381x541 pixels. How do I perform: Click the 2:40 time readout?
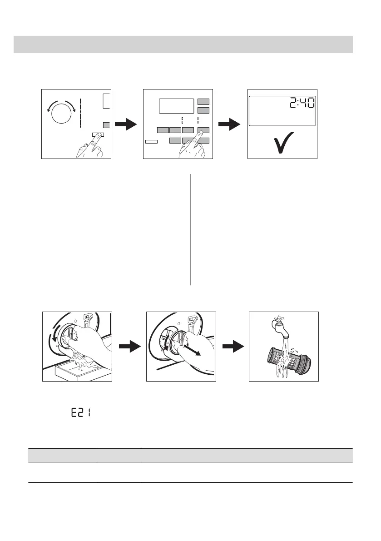click(301, 104)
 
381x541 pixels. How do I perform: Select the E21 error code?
click(80, 414)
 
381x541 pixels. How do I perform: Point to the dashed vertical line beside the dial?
click(80, 112)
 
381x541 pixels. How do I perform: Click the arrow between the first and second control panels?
click(126, 124)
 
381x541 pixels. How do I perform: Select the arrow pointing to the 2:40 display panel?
click(230, 124)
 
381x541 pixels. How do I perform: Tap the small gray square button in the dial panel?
click(107, 124)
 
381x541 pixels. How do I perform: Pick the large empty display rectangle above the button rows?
click(176, 106)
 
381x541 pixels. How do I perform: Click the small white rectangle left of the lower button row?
click(151, 142)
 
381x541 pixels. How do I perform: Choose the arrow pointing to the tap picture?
click(233, 347)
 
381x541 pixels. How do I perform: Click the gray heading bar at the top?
click(183, 45)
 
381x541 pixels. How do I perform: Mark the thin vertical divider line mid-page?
click(190, 229)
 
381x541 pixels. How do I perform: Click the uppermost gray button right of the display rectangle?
click(203, 102)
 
